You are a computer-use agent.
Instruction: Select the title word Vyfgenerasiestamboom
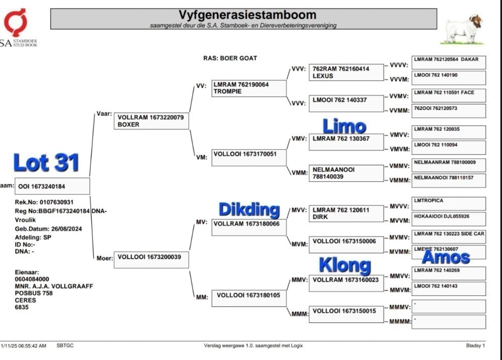pos(247,15)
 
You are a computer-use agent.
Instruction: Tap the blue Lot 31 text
pos(46,162)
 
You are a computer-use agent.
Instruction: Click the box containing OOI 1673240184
pos(52,186)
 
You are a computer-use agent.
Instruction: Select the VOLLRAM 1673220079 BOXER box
pos(152,121)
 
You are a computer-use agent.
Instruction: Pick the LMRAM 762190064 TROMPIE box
pos(249,88)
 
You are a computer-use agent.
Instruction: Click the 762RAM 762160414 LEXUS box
pos(346,72)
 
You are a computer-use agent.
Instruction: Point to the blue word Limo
pos(344,126)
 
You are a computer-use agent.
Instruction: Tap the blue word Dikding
pos(249,209)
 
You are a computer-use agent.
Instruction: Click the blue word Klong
pos(345,266)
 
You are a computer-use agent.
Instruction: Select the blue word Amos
pos(446,257)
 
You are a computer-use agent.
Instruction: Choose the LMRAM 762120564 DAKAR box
pos(448,62)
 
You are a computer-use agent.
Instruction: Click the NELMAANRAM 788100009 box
pos(448,165)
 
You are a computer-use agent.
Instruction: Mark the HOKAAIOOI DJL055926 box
pos(448,219)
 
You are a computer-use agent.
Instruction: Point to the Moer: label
pos(105,258)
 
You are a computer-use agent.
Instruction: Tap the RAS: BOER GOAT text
pos(230,58)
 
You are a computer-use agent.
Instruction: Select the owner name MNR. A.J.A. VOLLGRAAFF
pos(54,286)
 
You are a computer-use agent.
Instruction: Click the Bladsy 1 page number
pos(475,345)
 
